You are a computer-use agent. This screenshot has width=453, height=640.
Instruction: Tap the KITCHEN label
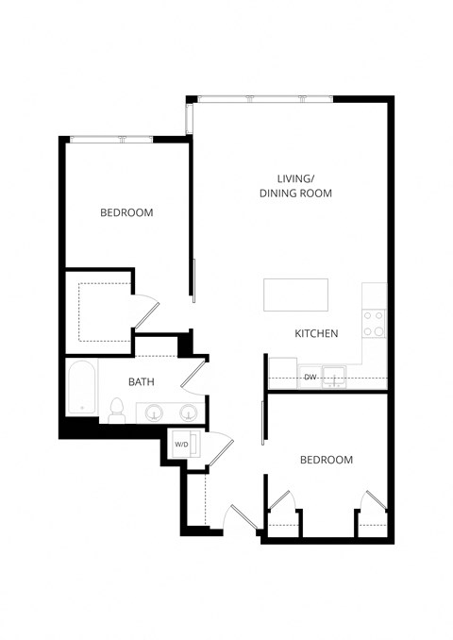(x=316, y=334)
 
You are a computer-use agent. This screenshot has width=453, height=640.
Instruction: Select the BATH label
(x=142, y=382)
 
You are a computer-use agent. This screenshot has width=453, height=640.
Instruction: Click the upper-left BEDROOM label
(x=126, y=213)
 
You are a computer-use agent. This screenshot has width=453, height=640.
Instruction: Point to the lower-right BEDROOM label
(x=326, y=460)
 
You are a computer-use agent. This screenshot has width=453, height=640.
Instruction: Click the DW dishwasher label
(x=310, y=378)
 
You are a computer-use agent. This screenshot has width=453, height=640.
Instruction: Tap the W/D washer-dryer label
(x=180, y=444)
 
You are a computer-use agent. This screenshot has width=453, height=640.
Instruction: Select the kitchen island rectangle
(x=295, y=295)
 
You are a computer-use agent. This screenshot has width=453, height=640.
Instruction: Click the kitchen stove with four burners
(x=374, y=324)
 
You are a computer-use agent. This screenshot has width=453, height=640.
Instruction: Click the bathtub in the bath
(x=82, y=390)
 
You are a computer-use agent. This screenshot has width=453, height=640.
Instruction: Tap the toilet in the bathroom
(x=117, y=410)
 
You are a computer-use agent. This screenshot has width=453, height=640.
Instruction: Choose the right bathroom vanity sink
(x=189, y=413)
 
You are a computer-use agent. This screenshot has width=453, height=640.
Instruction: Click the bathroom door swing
(x=193, y=374)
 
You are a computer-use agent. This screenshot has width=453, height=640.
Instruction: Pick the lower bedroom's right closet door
(x=374, y=500)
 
